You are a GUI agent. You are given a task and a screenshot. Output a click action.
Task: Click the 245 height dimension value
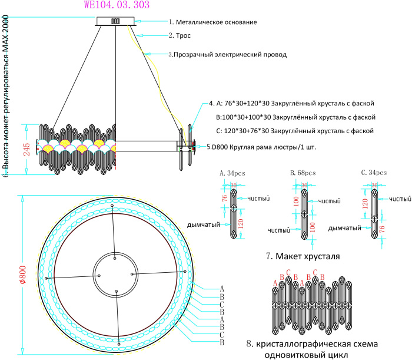27,150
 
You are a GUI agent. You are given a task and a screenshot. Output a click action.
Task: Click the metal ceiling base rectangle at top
117,21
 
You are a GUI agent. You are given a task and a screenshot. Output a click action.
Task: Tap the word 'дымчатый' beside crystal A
204,224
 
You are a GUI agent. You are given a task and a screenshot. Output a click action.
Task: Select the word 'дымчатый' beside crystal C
344,227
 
